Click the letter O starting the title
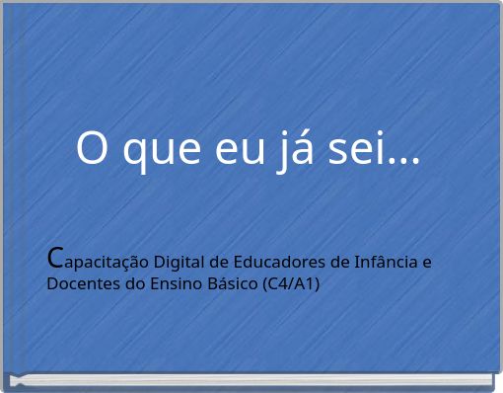[93, 149]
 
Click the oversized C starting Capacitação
[56, 259]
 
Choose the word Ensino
[168, 284]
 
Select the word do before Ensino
[128, 284]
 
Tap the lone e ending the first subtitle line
[426, 263]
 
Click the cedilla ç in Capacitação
[116, 265]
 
